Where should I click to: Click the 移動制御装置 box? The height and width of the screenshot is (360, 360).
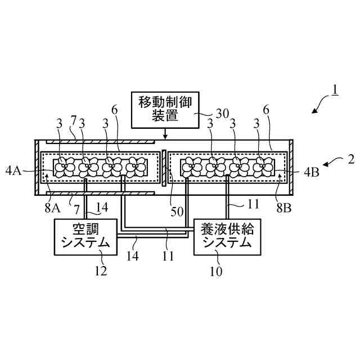165,110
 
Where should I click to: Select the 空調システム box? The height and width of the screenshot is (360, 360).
85,236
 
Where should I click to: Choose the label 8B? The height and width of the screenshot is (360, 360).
284,206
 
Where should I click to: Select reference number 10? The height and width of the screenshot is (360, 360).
217,271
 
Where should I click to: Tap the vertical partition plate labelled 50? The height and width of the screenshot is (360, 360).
163,168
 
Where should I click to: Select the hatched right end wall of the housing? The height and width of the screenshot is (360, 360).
291,168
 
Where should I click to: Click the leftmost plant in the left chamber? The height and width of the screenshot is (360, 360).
64,168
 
